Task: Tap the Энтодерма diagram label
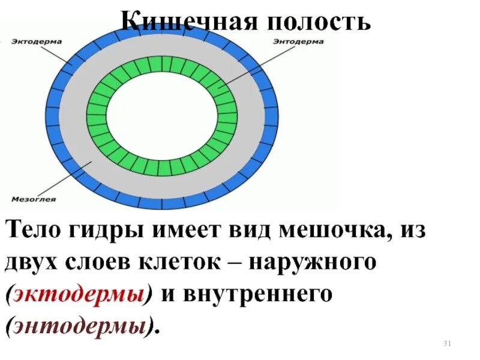[298, 41]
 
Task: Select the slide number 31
[446, 344]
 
